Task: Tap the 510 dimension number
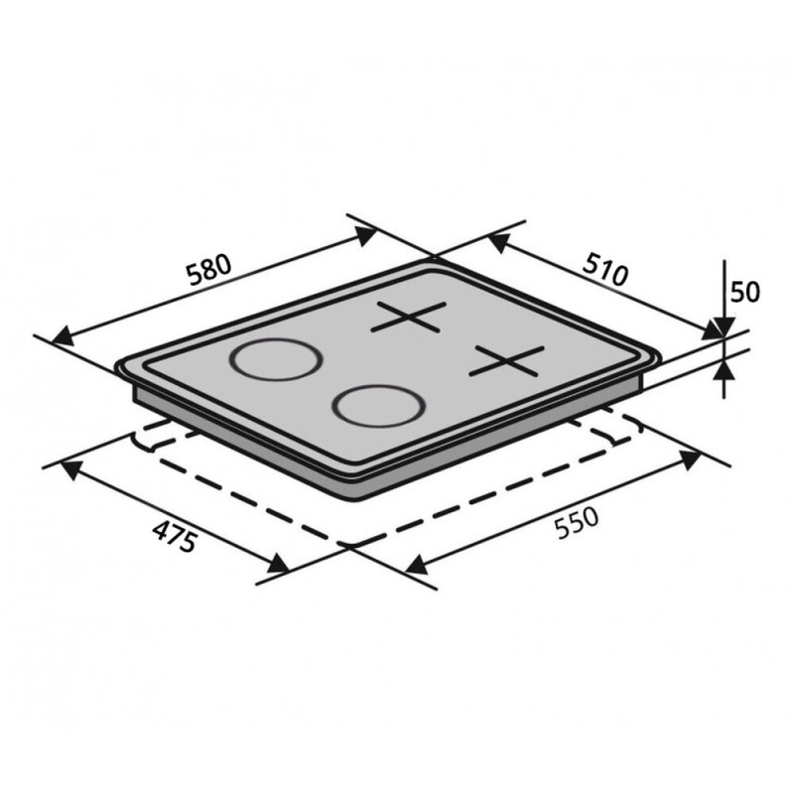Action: coord(605,269)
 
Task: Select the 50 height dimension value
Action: coord(745,292)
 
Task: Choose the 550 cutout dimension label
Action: coord(577,523)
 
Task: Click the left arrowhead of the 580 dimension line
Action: coord(64,335)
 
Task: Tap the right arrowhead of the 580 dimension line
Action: coord(365,236)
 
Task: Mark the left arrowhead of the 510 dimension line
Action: coord(498,242)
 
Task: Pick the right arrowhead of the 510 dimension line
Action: coord(714,331)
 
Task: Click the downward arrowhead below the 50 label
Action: coord(725,328)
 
